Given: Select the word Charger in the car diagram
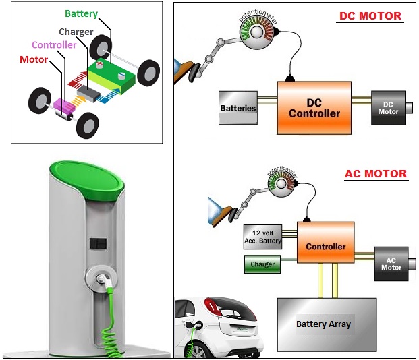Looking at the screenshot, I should click(x=76, y=32).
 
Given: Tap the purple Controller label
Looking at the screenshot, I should click(x=54, y=45).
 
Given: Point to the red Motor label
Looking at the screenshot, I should click(x=34, y=59).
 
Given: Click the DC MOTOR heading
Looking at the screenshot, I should click(x=370, y=16).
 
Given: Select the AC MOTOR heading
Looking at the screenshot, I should click(x=376, y=173).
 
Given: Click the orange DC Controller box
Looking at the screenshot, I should click(x=314, y=108).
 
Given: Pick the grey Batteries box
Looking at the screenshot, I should click(x=238, y=108).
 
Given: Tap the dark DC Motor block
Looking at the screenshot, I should click(x=388, y=108).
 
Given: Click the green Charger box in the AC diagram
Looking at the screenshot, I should click(x=262, y=264).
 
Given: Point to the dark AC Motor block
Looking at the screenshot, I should click(x=392, y=263).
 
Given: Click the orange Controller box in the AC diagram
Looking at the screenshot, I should click(x=326, y=246).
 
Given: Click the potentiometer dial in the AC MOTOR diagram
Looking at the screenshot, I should click(x=283, y=183).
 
